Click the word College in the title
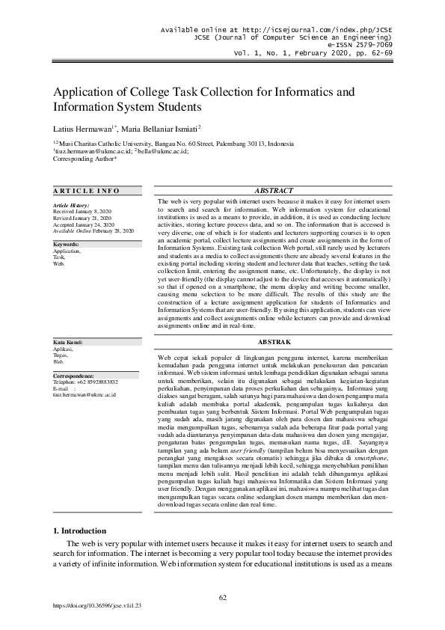tap(142, 93)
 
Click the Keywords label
tap(67, 244)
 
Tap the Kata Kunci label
tap(68, 342)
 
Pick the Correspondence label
tap(73, 375)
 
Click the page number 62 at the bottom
tap(222, 596)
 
